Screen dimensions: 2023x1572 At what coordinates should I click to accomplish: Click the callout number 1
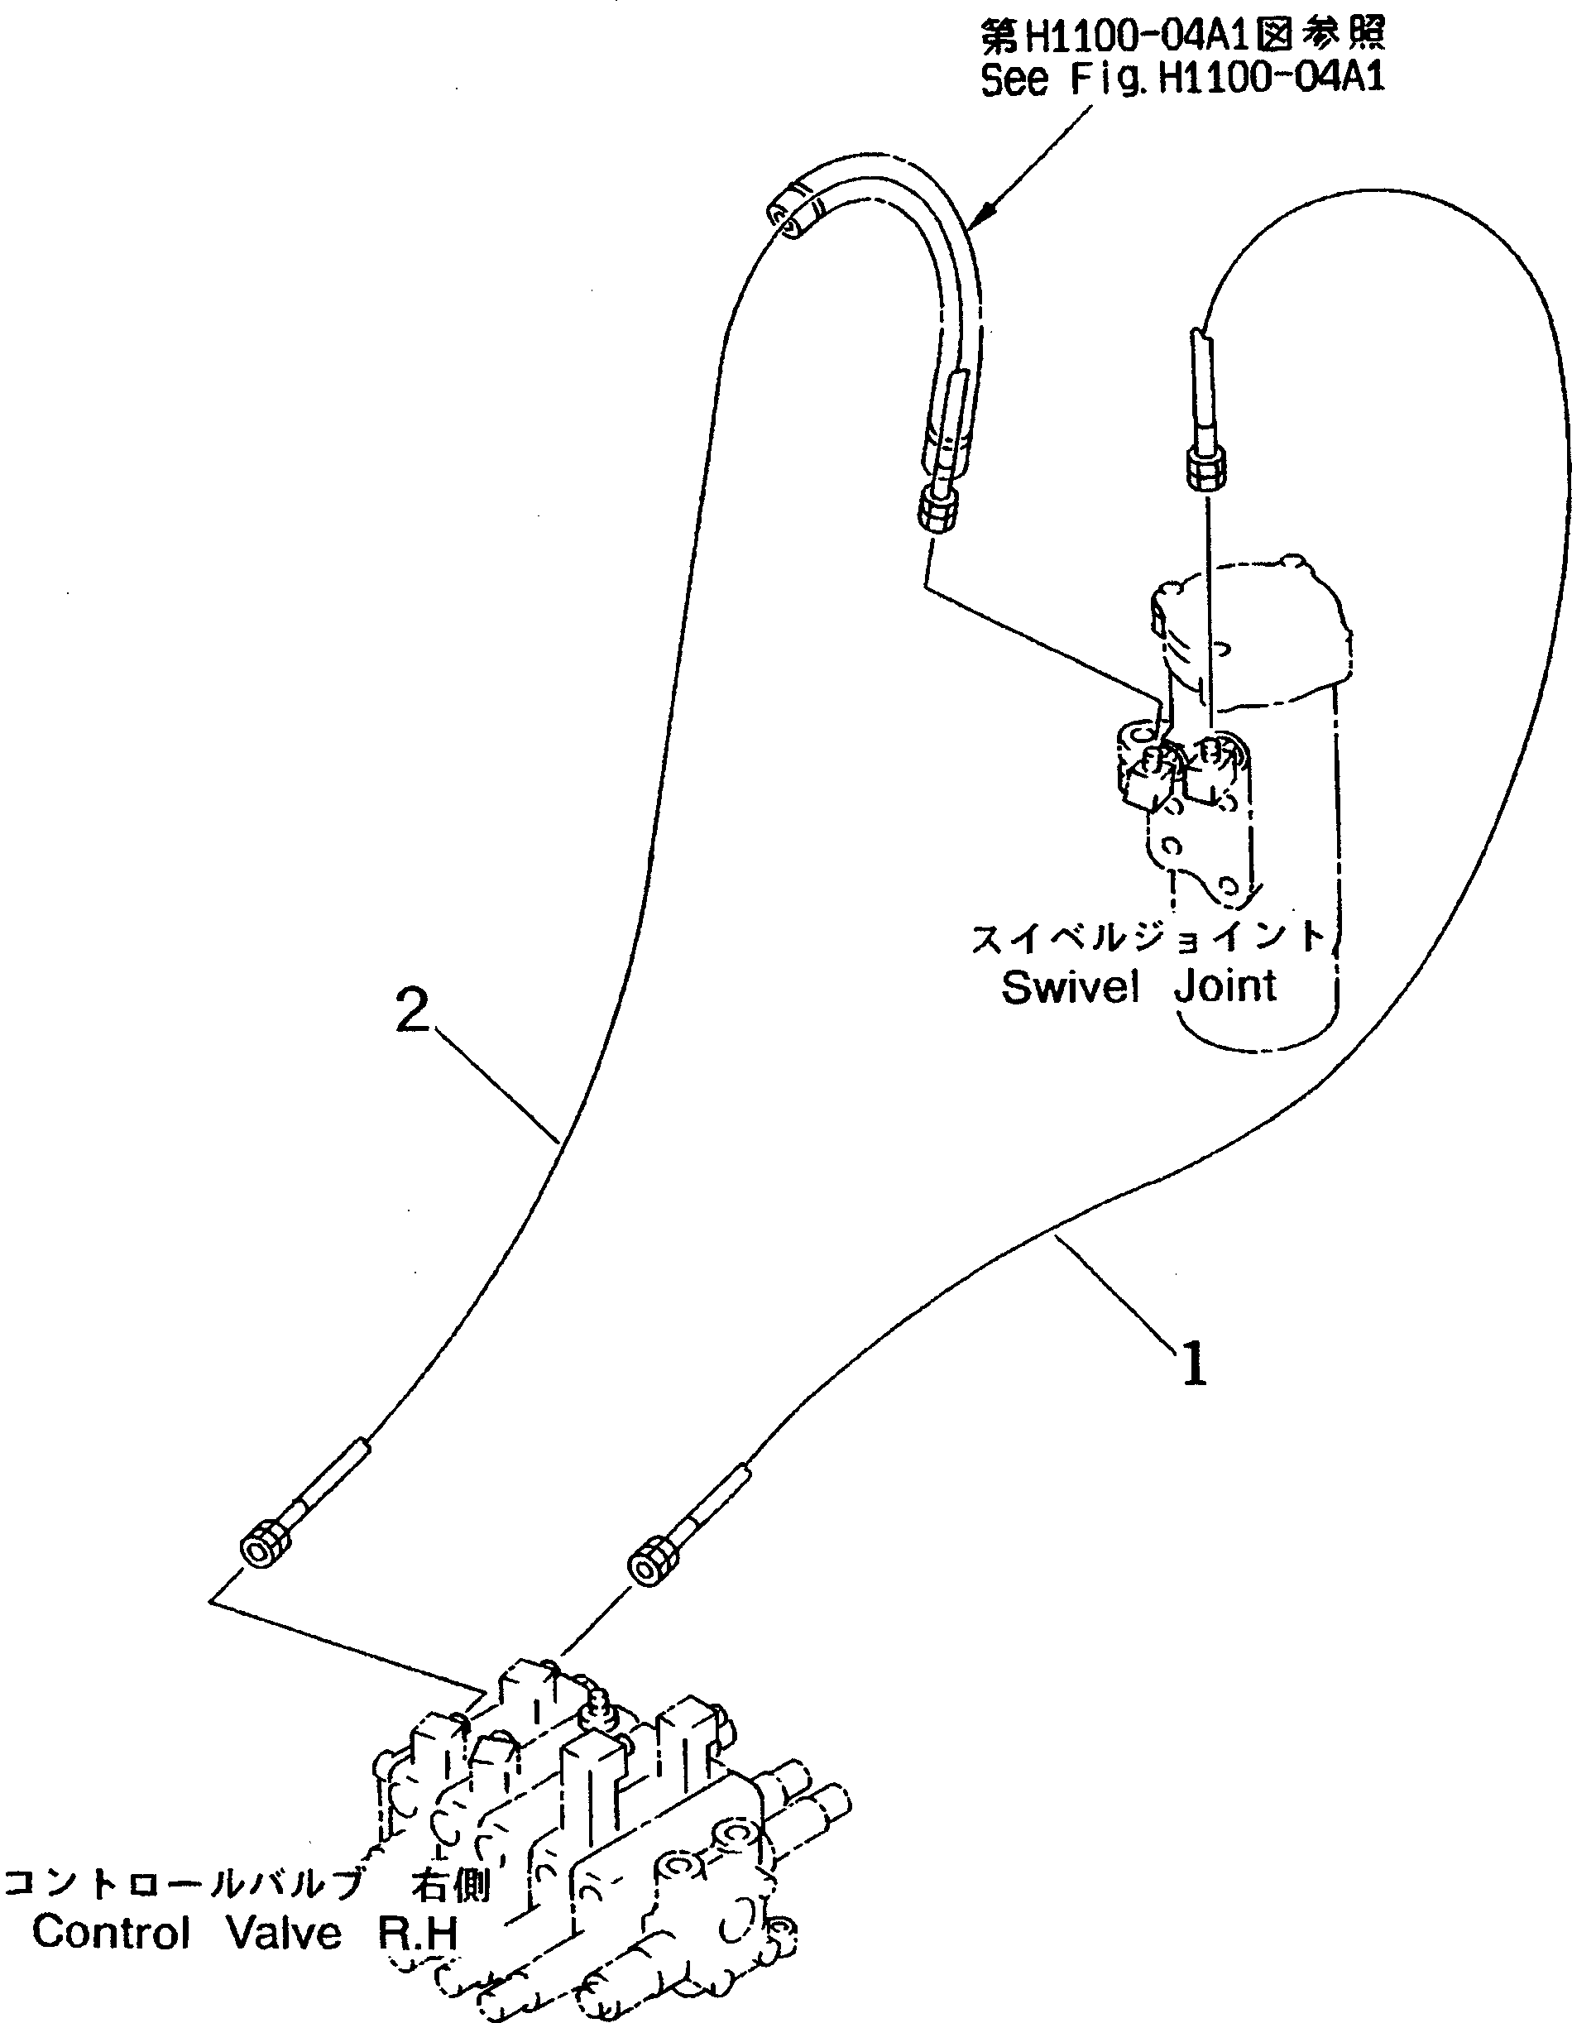click(1195, 1364)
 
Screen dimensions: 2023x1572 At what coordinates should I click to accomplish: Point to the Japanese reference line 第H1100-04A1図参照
click(1182, 36)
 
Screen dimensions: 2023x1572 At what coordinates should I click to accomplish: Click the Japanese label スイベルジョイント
click(1148, 937)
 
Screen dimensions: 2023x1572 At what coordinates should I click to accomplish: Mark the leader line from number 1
click(1116, 1292)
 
